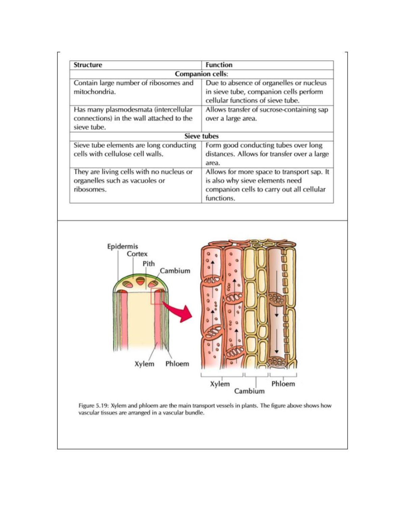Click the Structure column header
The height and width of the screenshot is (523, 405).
point(88,65)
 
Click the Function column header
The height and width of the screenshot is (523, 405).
point(219,65)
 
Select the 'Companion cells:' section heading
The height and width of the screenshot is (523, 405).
point(201,74)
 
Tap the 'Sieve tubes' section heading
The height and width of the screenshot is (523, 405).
point(201,136)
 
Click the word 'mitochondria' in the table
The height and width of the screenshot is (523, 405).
point(94,92)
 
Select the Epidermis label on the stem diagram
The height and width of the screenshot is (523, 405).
point(123,247)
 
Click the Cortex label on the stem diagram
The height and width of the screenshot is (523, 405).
point(137,254)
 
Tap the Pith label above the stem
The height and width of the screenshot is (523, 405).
point(148,264)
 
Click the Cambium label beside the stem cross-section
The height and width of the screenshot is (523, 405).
point(175,271)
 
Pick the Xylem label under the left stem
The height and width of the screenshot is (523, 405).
point(144,364)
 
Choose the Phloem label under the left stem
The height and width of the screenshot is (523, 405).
point(177,364)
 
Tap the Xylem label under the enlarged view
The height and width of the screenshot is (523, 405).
point(220,384)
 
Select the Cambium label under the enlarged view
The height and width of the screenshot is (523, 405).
point(249,391)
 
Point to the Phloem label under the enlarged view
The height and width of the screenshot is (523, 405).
point(283,384)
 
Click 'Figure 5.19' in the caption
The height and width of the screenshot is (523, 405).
point(93,406)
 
